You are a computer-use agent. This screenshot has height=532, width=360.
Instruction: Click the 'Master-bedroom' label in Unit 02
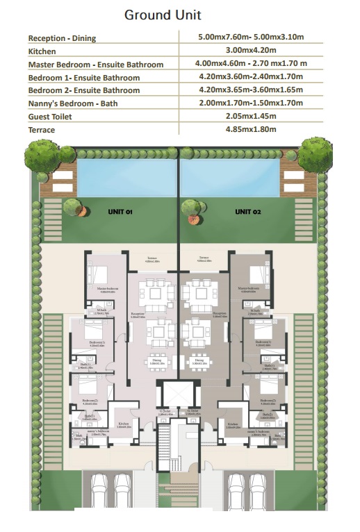[x=247, y=290]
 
